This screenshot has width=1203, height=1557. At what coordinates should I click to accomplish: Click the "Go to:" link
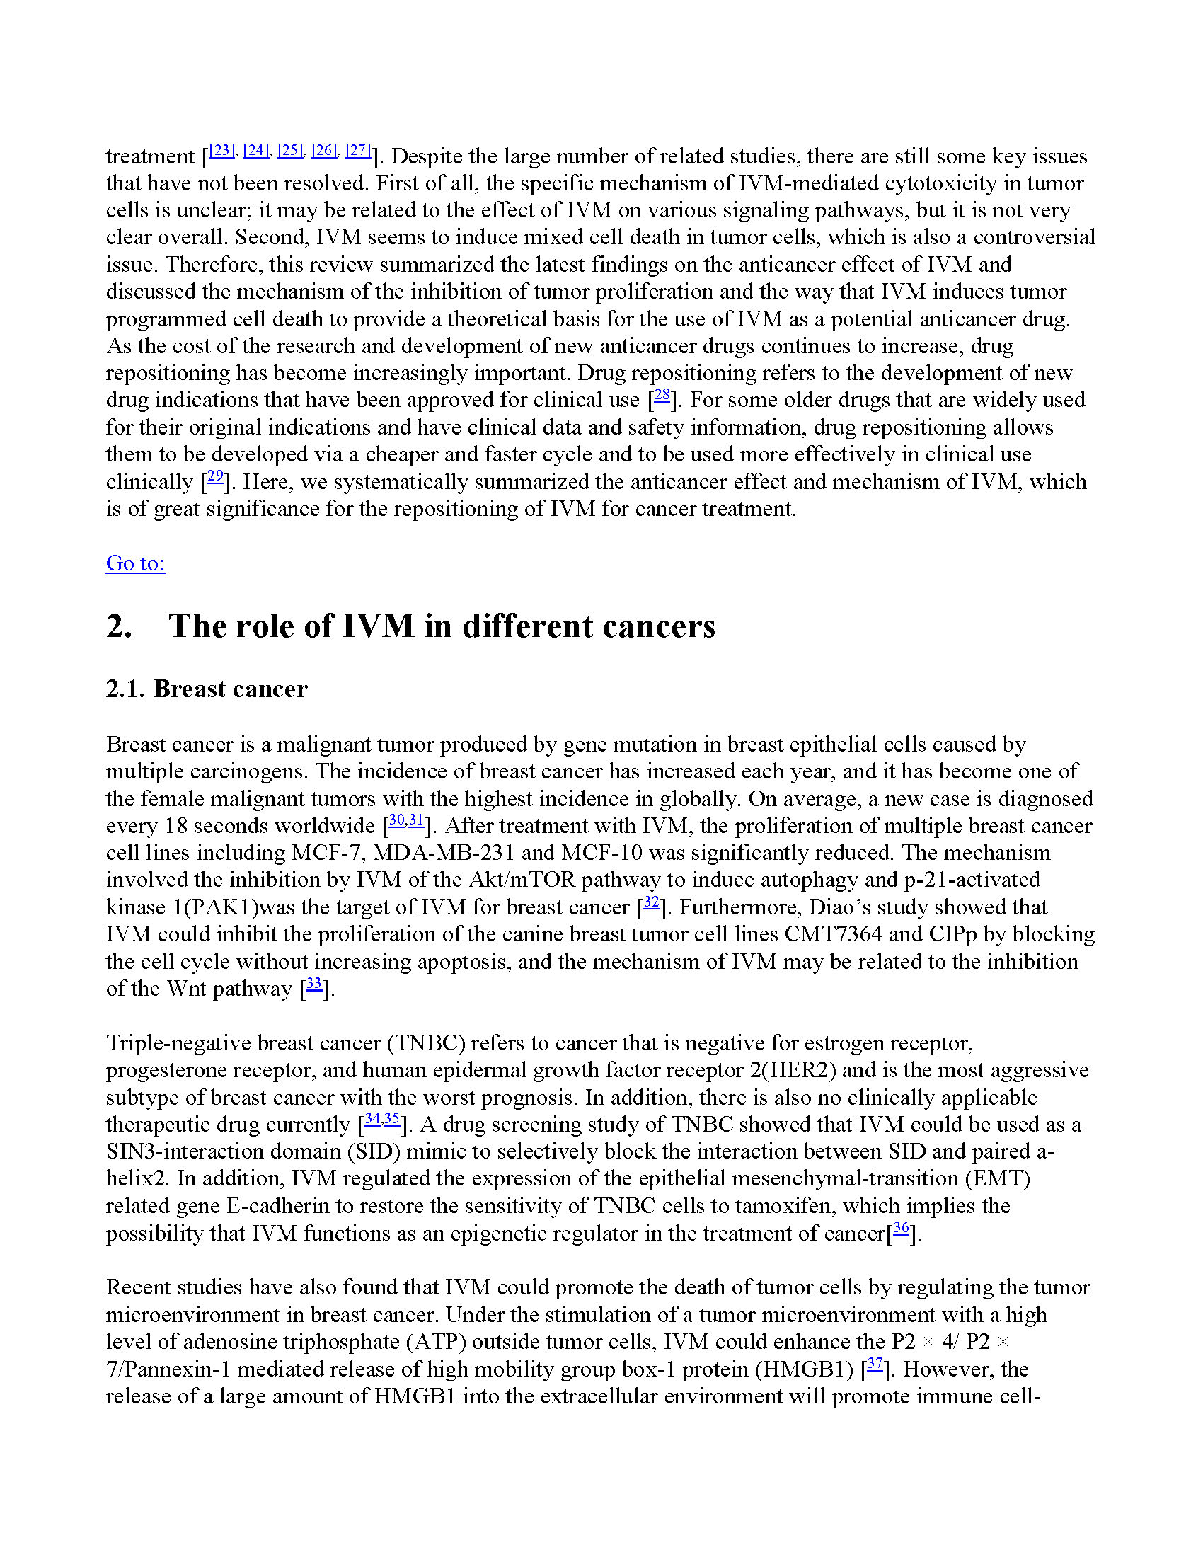[135, 563]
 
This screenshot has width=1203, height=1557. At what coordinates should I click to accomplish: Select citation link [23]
[221, 151]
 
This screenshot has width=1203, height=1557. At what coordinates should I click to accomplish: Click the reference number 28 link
[662, 394]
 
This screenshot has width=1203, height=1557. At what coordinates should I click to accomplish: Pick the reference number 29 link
[215, 476]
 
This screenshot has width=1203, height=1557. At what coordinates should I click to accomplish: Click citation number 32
[650, 902]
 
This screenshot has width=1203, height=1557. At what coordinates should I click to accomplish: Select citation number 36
[902, 1228]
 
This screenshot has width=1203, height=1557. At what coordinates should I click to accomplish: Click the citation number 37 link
[875, 1364]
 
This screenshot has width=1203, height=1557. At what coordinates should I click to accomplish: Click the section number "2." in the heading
[119, 626]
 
